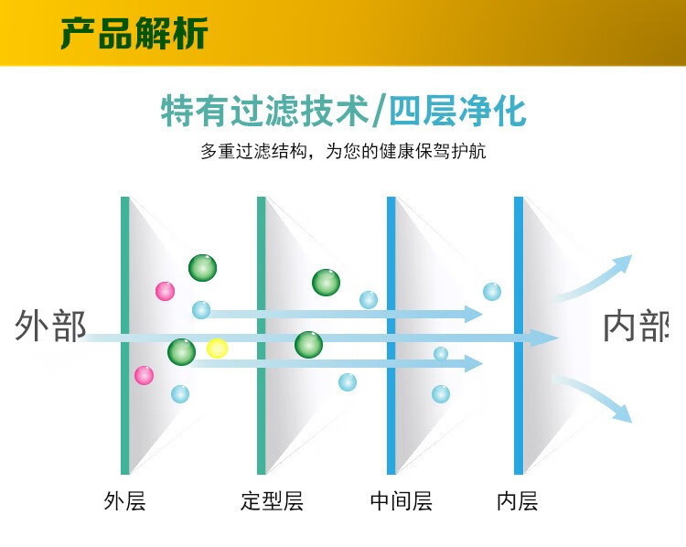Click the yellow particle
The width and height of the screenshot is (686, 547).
[217, 349]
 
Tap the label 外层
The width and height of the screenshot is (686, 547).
[124, 500]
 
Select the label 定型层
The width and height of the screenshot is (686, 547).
[272, 500]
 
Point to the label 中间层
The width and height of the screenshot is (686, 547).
[402, 500]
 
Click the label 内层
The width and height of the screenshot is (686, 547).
[517, 500]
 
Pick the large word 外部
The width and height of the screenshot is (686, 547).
[50, 326]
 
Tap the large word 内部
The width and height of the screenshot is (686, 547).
[636, 326]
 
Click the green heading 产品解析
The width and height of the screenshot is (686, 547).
[134, 33]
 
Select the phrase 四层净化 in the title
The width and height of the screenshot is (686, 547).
[457, 112]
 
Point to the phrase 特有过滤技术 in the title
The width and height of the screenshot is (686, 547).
[264, 112]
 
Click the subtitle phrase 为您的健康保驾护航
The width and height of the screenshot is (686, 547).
[405, 152]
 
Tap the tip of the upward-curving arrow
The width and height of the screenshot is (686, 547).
[631, 255]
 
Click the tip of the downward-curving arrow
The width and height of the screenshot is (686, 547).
[631, 423]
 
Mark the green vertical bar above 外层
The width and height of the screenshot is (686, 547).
[125, 336]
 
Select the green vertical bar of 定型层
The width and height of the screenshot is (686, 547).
[262, 336]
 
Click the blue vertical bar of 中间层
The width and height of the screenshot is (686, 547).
[391, 336]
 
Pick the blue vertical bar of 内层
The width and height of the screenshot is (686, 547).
[519, 336]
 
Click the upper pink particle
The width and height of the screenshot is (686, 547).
[165, 291]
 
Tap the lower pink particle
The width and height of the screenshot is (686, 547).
[144, 375]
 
